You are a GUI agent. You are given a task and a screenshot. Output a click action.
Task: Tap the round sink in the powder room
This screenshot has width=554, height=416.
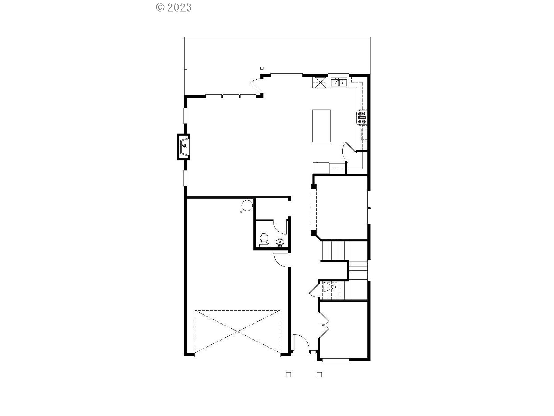pyautogui.click(x=280, y=242)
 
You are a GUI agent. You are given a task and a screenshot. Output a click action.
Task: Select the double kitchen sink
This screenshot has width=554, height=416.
pyautogui.click(x=339, y=83)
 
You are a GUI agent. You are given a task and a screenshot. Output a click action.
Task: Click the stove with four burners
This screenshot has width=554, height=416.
pyautogui.click(x=362, y=117)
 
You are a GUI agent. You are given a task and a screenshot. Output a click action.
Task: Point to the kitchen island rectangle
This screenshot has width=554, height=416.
pyautogui.click(x=321, y=126)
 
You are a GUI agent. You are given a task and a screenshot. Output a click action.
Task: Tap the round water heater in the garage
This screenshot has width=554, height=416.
pyautogui.click(x=247, y=205)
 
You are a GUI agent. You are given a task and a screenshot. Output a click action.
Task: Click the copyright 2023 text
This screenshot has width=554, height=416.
pyautogui.click(x=174, y=8)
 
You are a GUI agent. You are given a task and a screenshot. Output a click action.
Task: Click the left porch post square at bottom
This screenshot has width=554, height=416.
pyautogui.click(x=288, y=375)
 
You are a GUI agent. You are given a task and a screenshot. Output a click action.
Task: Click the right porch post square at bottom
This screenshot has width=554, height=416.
pyautogui.click(x=319, y=375)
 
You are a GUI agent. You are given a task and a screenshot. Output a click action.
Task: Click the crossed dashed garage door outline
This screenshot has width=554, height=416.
pyautogui.click(x=237, y=332)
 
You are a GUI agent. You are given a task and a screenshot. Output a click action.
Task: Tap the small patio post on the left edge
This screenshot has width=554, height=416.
pyautogui.click(x=186, y=68)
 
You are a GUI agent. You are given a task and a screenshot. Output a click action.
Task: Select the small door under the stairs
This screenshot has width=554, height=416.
pyautogui.click(x=314, y=290)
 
